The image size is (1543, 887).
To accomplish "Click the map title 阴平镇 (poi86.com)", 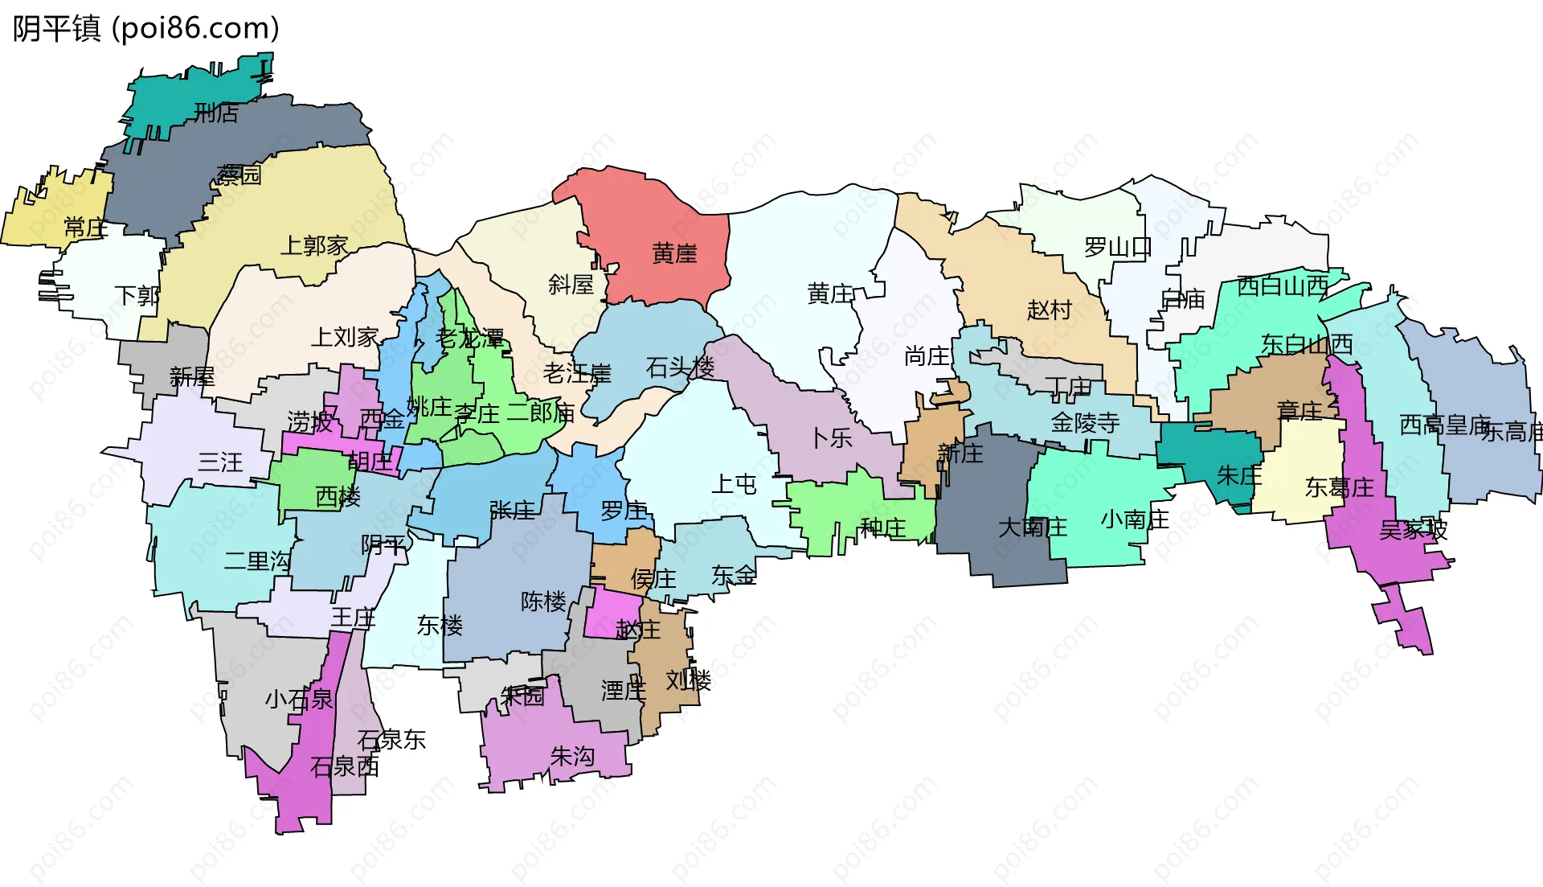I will [x=145, y=29].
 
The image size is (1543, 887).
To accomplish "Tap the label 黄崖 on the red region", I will [x=674, y=254].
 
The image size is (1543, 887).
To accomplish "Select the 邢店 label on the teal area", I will [x=216, y=113].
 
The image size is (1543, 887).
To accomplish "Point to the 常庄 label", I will [x=85, y=228].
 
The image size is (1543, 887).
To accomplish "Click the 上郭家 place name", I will [x=313, y=245].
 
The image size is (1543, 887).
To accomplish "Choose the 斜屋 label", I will [x=571, y=284].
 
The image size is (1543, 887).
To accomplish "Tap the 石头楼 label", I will [x=680, y=368].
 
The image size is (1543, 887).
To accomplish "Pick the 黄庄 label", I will [x=829, y=294].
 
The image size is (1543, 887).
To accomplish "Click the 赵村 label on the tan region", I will [x=1049, y=310].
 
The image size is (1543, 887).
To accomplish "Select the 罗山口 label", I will [x=1117, y=247].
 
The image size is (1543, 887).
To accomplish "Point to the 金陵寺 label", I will [x=1085, y=423].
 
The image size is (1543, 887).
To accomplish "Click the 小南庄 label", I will [x=1134, y=519].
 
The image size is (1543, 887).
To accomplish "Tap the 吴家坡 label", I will [x=1413, y=530].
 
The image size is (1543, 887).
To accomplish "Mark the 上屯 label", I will [x=734, y=484].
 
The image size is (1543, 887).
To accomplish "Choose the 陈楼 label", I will [x=543, y=601].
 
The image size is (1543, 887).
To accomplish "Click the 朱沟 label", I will [x=572, y=756].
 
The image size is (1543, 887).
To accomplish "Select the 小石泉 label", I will [x=298, y=699].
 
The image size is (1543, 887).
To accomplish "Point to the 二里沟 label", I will [x=257, y=561].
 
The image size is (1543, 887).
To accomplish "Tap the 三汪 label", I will [x=220, y=462].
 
